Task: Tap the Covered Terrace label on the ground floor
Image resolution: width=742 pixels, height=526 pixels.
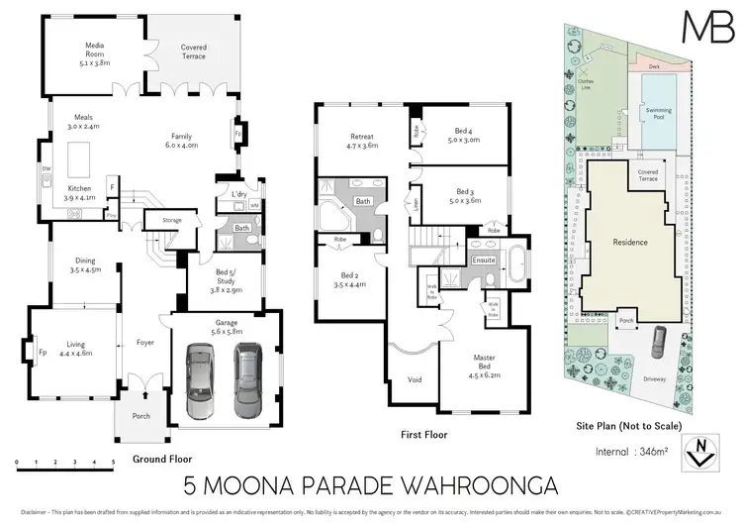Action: tap(192, 52)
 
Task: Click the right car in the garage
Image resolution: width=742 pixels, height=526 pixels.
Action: tap(247, 380)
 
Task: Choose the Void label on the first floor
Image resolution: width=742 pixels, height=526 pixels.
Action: tap(416, 379)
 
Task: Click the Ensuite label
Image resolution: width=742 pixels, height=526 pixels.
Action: tap(484, 260)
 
